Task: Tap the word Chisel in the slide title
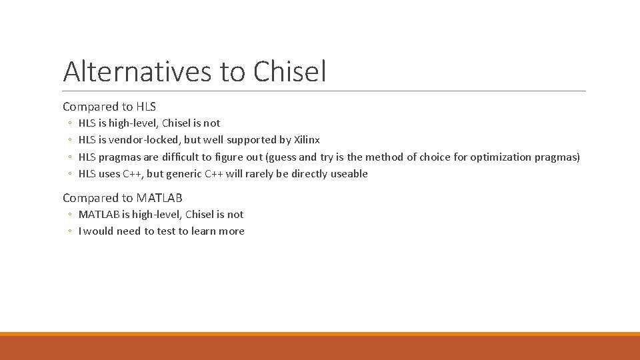[289, 71]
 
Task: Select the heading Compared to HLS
[109, 106]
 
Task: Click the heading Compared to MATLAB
[123, 197]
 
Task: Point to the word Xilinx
[307, 140]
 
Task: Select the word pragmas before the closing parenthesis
[557, 157]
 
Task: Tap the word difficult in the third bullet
[186, 157]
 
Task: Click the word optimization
[501, 157]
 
